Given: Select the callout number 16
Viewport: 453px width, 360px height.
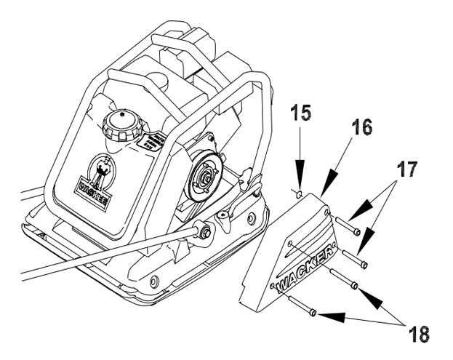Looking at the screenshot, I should [x=360, y=129].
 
